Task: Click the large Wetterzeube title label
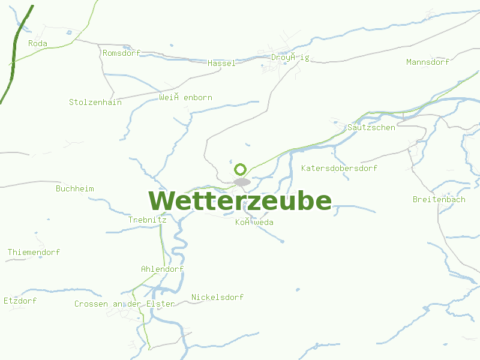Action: pos(240,201)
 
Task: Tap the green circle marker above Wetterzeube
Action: pos(241,169)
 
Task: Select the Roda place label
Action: pos(38,43)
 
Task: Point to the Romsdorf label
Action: pos(121,53)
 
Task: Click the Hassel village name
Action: pos(221,63)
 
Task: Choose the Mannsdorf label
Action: pos(428,62)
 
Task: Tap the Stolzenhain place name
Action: pos(95,102)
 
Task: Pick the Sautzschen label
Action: pos(371,127)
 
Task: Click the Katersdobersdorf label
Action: pos(340,168)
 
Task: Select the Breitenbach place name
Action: pos(439,199)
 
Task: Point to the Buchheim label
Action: pos(75,188)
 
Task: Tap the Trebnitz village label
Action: pos(147,220)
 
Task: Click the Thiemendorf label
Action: pos(34,252)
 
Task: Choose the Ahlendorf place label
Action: pos(162,269)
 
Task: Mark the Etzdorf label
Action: pos(20,300)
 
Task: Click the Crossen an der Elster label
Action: pos(124,304)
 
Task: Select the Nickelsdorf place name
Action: pos(217,297)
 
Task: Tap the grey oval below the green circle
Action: pos(242,182)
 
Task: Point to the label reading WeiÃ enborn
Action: pos(185,97)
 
